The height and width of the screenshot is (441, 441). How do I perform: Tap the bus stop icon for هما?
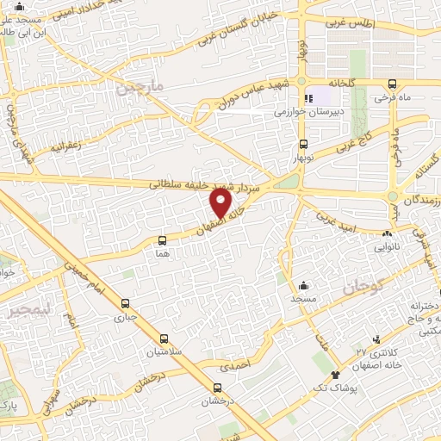[x=163, y=242]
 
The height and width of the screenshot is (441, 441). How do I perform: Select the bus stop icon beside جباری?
[x=126, y=303]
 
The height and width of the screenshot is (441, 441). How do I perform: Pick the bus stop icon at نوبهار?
[x=302, y=145]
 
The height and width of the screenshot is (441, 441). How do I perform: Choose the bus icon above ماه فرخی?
[x=393, y=84]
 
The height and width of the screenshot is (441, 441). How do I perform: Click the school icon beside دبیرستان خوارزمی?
[x=308, y=97]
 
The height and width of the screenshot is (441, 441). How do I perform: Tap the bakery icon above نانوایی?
[x=386, y=233]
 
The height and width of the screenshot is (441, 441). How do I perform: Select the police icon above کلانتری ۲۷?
[x=376, y=341]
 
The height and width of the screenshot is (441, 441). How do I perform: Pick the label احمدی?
[x=235, y=366]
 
